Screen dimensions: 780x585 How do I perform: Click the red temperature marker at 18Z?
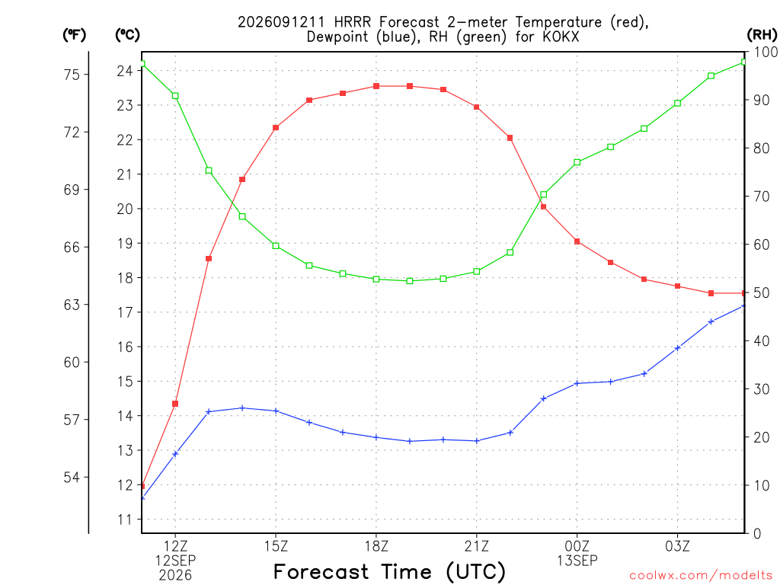pos(376,86)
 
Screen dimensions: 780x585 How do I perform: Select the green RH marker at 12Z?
pos(175,96)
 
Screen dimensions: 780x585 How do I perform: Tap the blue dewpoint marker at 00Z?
pos(577,384)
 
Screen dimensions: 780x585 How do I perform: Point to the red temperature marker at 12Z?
pos(175,404)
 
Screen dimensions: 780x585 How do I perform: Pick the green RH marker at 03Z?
pos(677,104)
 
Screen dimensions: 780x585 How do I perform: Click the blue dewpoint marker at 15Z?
pos(276,411)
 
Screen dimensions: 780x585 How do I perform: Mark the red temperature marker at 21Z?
pos(477,107)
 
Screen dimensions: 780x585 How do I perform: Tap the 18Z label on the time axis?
pos(376,546)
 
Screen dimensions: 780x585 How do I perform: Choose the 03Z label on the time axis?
pos(677,546)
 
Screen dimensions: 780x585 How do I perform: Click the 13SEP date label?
pos(577,561)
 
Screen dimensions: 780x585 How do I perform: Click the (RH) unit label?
pos(762,35)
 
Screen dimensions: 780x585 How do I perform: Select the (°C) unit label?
pos(127,35)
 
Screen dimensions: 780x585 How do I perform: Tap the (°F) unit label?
pos(74,35)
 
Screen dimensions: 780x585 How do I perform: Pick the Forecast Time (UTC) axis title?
pos(389,572)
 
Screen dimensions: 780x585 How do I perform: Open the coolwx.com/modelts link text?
pos(701,576)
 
